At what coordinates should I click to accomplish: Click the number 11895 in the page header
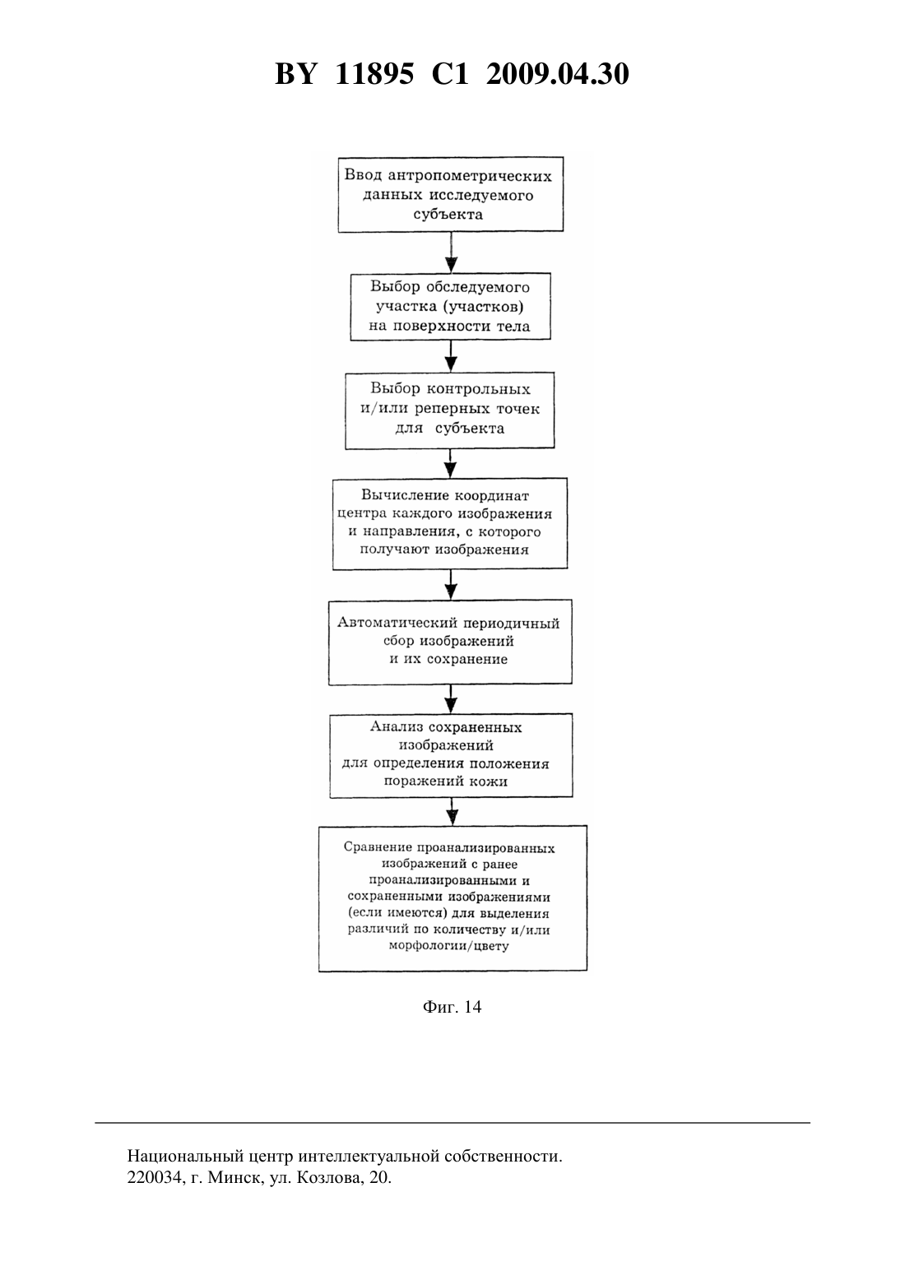pyautogui.click(x=374, y=74)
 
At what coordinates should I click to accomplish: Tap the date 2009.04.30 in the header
pyautogui.click(x=558, y=74)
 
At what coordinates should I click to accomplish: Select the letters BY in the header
pyautogui.click(x=295, y=74)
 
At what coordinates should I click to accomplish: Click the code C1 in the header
pyautogui.click(x=450, y=74)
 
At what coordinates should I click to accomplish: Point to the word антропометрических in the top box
pyautogui.click(x=471, y=177)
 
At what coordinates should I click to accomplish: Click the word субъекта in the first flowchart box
pyautogui.click(x=448, y=215)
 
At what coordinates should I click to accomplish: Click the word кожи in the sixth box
pyautogui.click(x=492, y=781)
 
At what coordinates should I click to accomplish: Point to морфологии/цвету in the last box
pyautogui.click(x=449, y=946)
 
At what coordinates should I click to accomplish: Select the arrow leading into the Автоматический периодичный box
pyautogui.click(x=452, y=584)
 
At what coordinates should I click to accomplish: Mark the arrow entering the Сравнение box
pyautogui.click(x=452, y=811)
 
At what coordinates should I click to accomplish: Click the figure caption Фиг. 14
pyautogui.click(x=452, y=1023)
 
